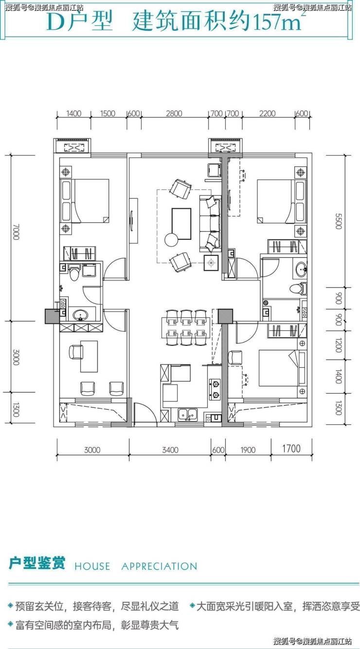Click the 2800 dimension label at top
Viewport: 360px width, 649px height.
(x=174, y=113)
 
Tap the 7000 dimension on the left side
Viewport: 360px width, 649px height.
(x=16, y=232)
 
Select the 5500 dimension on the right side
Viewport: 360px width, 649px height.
(x=338, y=221)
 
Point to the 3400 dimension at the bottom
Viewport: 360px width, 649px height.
(x=170, y=450)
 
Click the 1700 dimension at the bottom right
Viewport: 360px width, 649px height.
(x=291, y=449)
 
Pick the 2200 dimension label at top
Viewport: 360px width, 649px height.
(x=267, y=113)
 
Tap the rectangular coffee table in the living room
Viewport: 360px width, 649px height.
(x=181, y=224)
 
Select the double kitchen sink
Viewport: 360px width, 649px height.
(x=188, y=415)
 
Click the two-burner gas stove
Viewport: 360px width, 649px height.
(x=215, y=389)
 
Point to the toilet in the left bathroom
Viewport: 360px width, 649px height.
(x=74, y=272)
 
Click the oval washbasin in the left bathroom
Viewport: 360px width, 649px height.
(x=81, y=314)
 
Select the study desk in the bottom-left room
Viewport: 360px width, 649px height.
(x=89, y=357)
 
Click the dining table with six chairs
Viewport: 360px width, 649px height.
(x=186, y=328)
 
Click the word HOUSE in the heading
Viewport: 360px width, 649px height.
(x=92, y=566)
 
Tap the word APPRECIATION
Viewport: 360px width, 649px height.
(x=159, y=566)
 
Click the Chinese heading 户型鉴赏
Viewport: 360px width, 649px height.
(x=37, y=563)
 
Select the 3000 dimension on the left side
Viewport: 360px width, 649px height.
(x=16, y=357)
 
